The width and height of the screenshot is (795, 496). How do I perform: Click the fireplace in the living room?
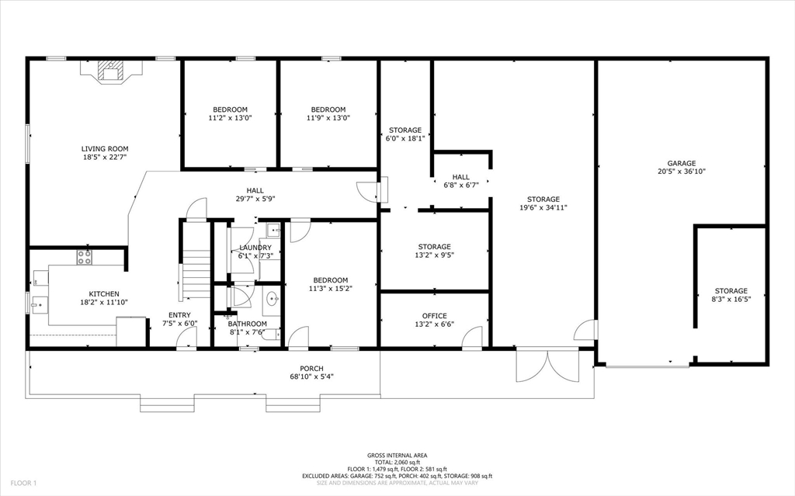pyautogui.click(x=112, y=72)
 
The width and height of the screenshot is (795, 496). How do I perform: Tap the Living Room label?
pyautogui.click(x=105, y=148)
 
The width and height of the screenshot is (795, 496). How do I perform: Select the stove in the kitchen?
pyautogui.click(x=84, y=256)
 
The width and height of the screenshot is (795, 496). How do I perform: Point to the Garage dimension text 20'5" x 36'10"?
pyautogui.click(x=682, y=172)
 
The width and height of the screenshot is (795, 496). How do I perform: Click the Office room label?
pyautogui.click(x=434, y=316)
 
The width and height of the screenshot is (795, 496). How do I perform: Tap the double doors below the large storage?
pyautogui.click(x=547, y=365)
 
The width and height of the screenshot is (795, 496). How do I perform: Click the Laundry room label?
pyautogui.click(x=255, y=248)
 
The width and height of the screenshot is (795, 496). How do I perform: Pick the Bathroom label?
pyautogui.click(x=247, y=324)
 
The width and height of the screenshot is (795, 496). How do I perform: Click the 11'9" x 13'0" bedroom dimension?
pyautogui.click(x=328, y=119)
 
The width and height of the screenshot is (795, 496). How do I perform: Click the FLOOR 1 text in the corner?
pyautogui.click(x=23, y=483)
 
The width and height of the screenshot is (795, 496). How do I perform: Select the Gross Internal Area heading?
pyautogui.click(x=397, y=456)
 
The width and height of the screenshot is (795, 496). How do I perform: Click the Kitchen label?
pyautogui.click(x=103, y=294)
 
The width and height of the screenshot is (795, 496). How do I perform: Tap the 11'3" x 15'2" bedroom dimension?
pyautogui.click(x=330, y=289)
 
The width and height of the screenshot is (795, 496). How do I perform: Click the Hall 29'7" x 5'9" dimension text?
pyautogui.click(x=255, y=199)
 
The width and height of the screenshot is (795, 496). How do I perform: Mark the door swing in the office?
pyautogui.click(x=472, y=338)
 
